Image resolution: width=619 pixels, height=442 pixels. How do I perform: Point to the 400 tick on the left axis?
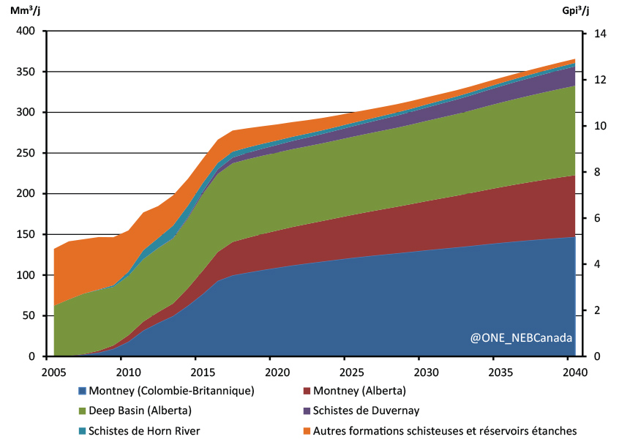pos(26,31)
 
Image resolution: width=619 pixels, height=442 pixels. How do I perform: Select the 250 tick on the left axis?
pos(26,153)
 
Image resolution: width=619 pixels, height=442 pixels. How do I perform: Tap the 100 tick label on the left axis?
pos(26,275)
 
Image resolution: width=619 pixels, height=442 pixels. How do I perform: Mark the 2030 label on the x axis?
pos(419,371)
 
